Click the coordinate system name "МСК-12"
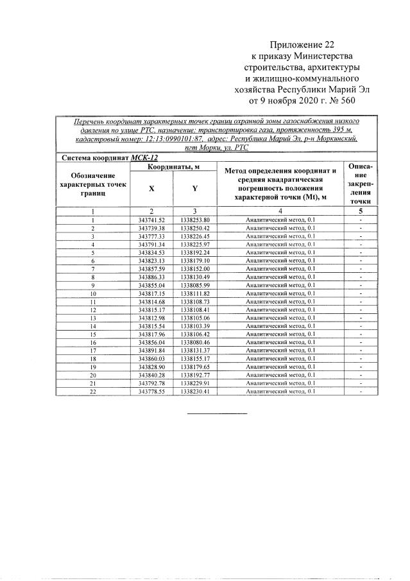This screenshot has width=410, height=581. (x=144, y=157)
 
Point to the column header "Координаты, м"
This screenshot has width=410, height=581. (x=173, y=167)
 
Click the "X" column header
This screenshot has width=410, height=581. (x=151, y=189)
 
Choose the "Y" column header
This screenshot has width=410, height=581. (x=195, y=189)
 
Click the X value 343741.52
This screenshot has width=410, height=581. (x=151, y=220)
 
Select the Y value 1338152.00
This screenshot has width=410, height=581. (x=195, y=268)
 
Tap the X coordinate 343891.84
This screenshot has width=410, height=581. (x=151, y=350)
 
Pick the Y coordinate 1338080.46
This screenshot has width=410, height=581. (x=195, y=342)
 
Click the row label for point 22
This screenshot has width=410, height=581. (x=93, y=391)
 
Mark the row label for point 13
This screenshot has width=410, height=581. (x=93, y=318)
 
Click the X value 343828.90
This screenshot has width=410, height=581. (x=151, y=367)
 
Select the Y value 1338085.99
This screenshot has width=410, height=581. (x=195, y=285)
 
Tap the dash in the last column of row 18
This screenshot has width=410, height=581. (x=361, y=358)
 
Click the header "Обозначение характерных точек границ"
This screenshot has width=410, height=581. (x=93, y=184)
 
